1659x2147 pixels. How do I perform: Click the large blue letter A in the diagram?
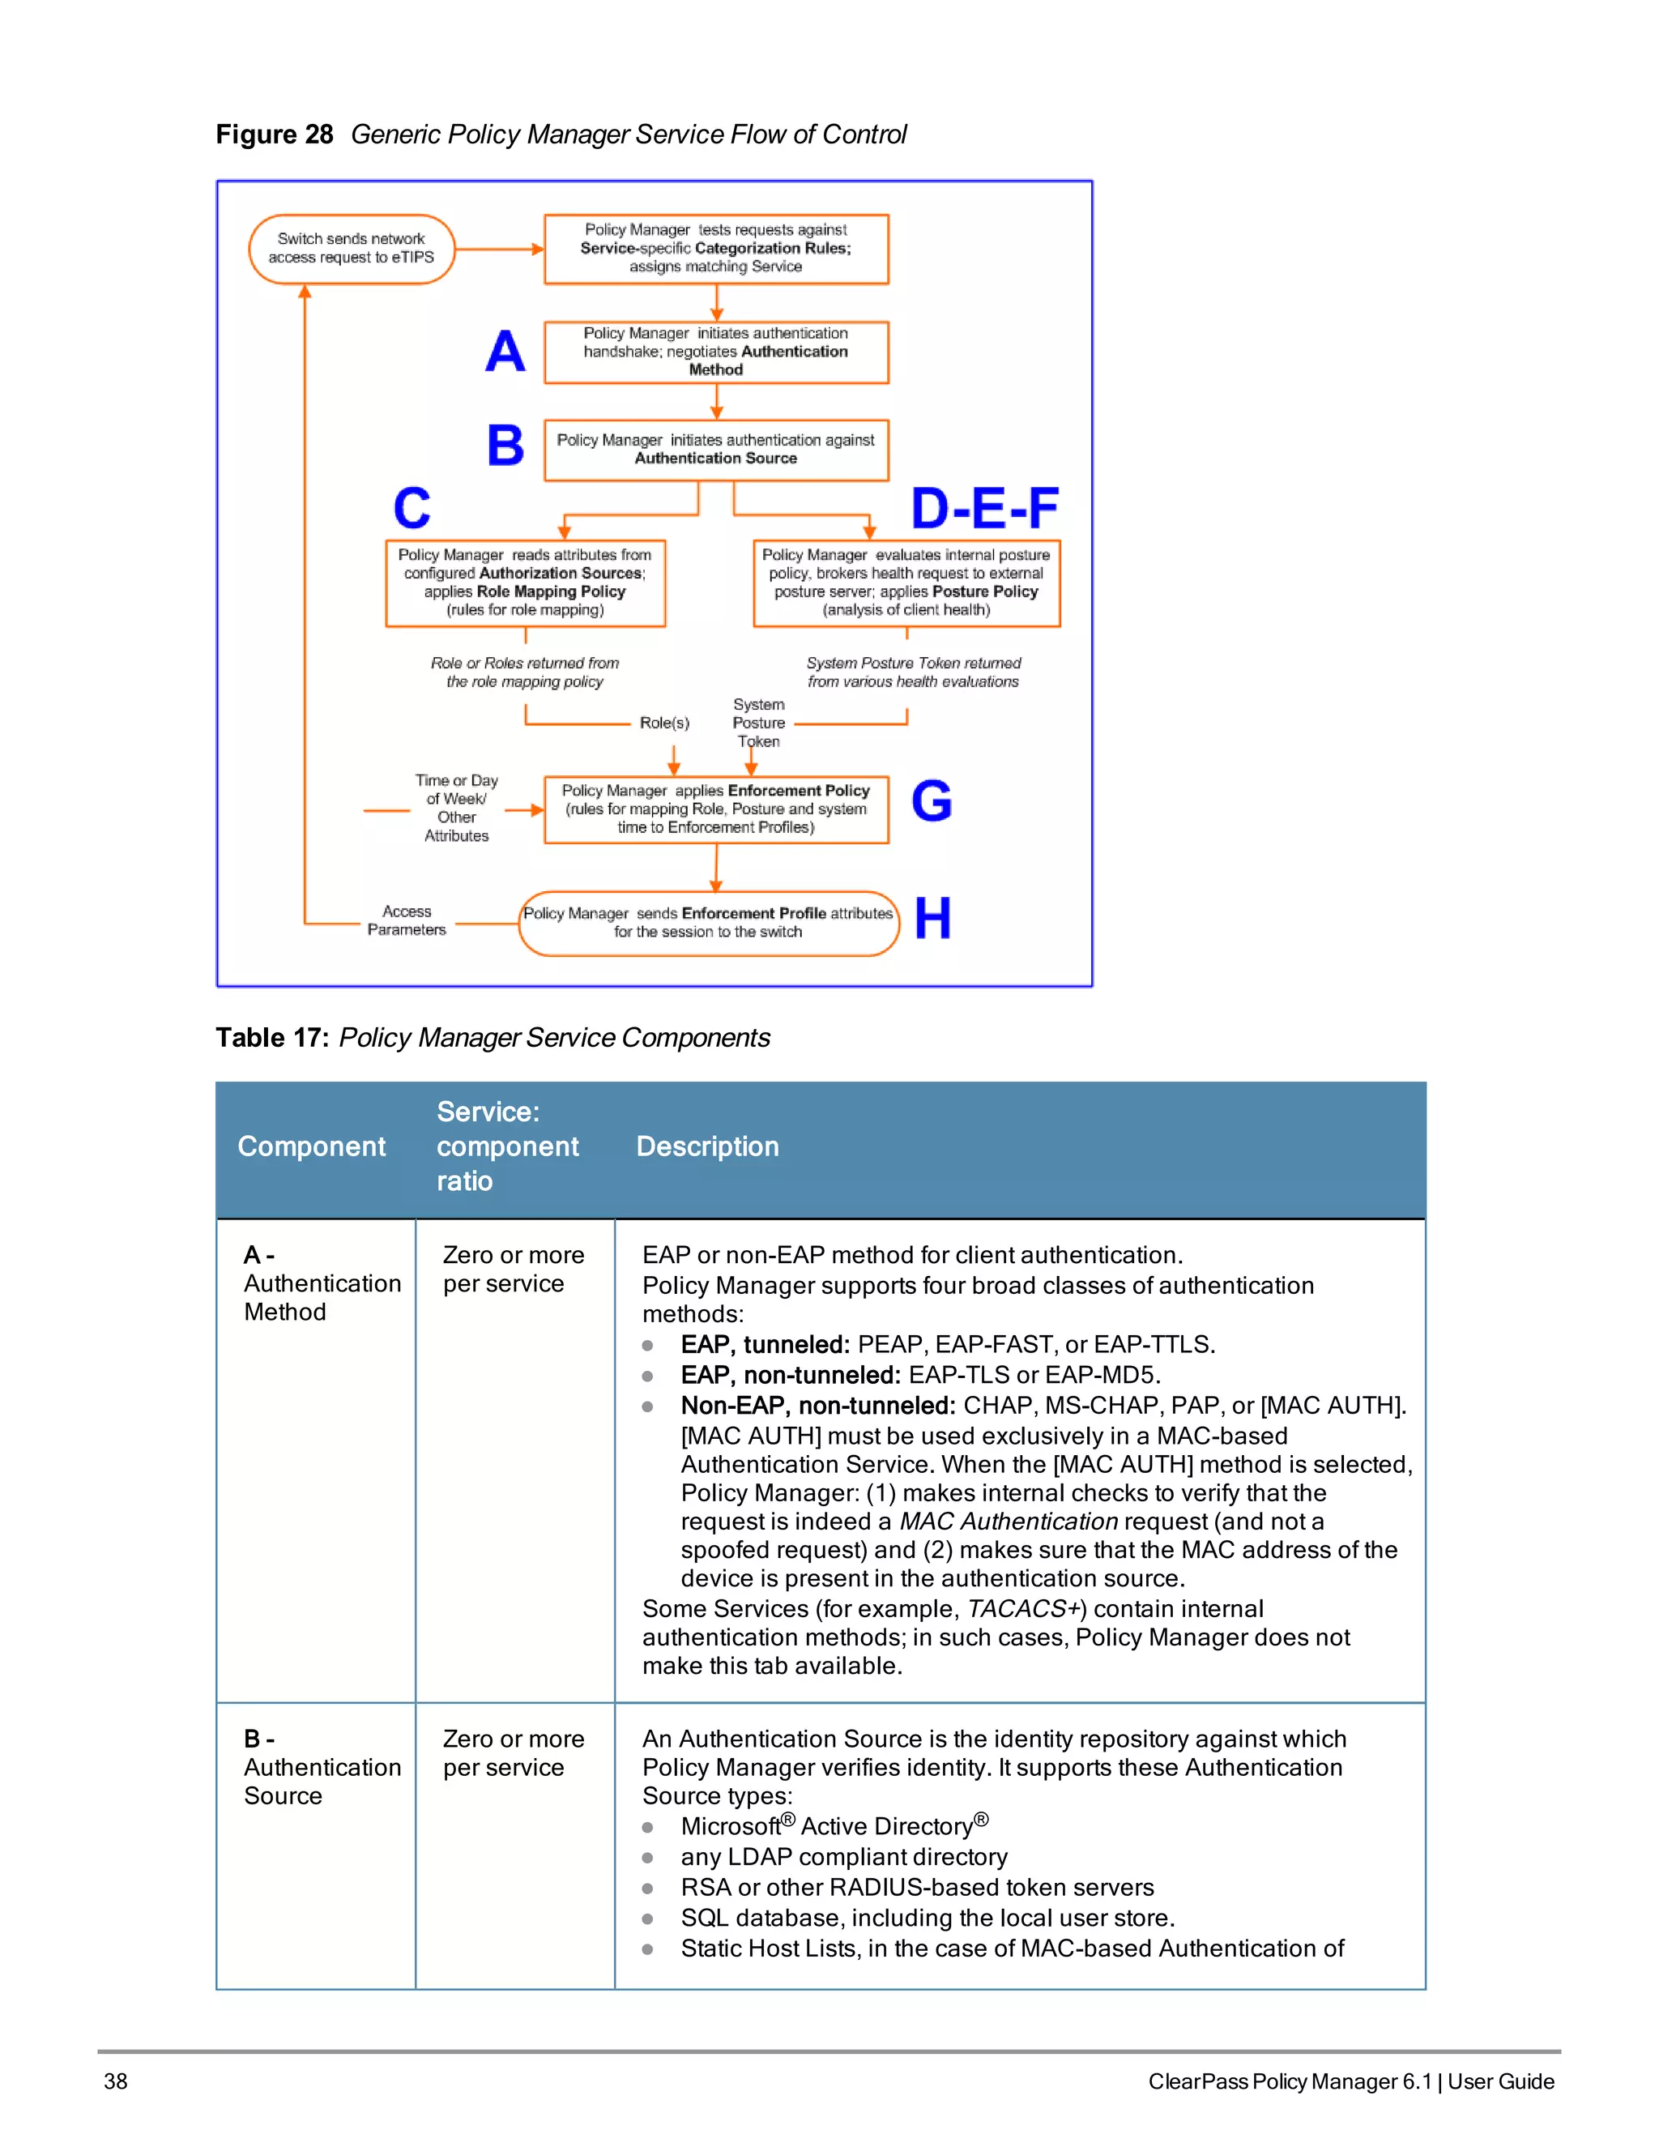505,351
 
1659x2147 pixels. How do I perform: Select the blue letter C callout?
412,508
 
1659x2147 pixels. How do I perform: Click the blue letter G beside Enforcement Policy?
931,800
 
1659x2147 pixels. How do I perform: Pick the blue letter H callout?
932,918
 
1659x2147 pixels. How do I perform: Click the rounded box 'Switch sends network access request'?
351,249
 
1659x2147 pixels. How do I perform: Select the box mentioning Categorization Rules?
715,249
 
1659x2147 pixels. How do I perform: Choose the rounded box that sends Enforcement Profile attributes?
708,922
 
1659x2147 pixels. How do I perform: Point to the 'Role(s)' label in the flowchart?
664,723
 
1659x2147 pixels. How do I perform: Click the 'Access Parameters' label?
407,920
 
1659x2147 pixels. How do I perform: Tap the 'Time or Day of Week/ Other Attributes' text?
456,808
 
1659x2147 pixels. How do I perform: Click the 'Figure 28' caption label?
275,134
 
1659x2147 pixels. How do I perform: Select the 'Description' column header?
708,1146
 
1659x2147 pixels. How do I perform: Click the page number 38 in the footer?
116,2081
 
